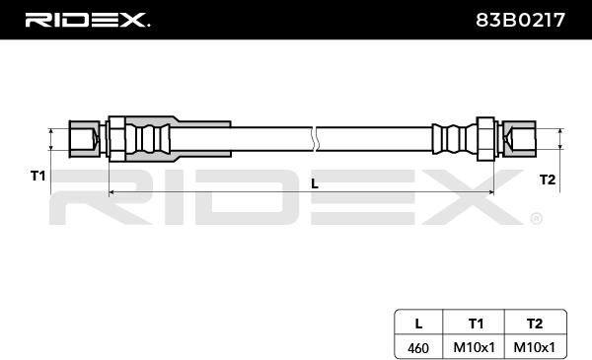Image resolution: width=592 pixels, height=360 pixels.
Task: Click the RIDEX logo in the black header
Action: coord(87,20)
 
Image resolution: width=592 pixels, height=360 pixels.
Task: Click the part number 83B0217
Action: coord(520,20)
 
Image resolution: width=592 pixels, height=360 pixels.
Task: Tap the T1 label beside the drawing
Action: coord(37,176)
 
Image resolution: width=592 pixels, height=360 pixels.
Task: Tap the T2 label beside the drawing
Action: coord(547,180)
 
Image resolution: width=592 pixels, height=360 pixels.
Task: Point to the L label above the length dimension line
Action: coord(315,183)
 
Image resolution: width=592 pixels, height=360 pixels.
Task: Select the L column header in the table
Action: coord(418,324)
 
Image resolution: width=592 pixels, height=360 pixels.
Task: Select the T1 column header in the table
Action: coord(476,324)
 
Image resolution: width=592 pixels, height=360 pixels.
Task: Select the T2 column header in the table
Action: coord(535,324)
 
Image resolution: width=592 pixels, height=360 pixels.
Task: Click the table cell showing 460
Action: coord(418,347)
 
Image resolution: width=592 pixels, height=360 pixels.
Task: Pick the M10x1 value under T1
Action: coord(474,347)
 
